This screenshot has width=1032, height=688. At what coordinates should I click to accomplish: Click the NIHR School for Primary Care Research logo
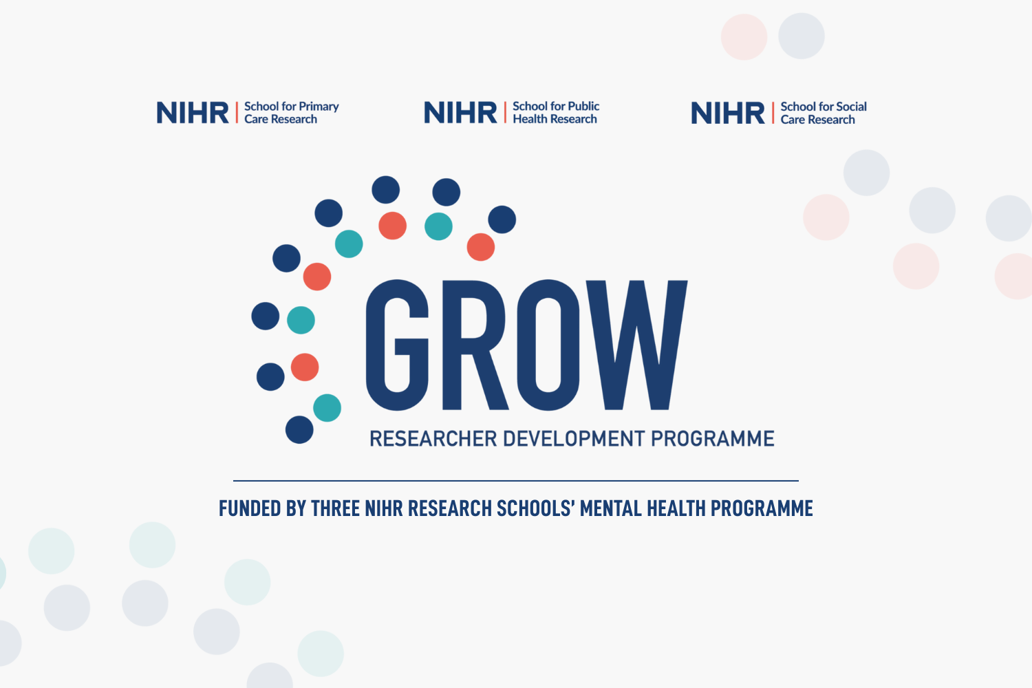coord(248,112)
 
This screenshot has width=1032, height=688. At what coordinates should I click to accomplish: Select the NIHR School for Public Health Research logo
coord(511,112)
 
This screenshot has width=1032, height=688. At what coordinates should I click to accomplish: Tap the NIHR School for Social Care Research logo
coord(779,113)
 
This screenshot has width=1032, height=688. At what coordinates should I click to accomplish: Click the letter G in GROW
coord(397,345)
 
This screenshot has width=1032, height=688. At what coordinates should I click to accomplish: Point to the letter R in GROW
coord(475,345)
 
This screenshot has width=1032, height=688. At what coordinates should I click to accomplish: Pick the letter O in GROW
coord(548,345)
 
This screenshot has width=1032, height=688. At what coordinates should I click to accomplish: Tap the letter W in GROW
coord(636,345)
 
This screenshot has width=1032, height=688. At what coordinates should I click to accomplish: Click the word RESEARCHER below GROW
coord(433,439)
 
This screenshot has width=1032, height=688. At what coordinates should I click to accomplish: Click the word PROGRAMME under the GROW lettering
coord(713,439)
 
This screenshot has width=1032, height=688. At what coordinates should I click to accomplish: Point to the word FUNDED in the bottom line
coord(250,508)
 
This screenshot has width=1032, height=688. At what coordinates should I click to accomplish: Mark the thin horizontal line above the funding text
coord(516,481)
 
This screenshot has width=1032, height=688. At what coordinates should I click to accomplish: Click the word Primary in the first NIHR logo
coord(319,107)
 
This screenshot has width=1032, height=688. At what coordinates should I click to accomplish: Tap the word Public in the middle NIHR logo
coord(583,107)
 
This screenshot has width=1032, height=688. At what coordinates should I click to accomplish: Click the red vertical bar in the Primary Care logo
coord(237,112)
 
